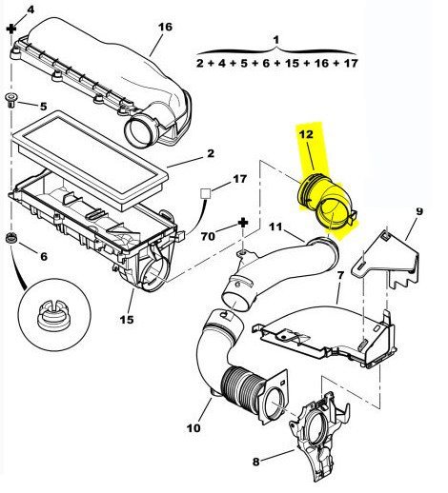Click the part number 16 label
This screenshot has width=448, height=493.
[x=165, y=27]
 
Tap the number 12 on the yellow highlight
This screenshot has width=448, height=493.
[x=306, y=134]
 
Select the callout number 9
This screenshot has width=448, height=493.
[x=419, y=211]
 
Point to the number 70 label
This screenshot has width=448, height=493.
[x=208, y=236]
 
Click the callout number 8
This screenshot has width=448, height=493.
[x=256, y=462]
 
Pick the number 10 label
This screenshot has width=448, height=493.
[x=193, y=428]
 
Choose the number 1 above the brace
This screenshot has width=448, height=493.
[x=276, y=40]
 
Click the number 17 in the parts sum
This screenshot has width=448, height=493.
[x=351, y=63]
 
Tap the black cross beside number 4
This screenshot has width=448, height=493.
[x=11, y=30]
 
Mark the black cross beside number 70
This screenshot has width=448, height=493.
[x=243, y=223]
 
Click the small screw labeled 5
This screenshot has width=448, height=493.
[x=10, y=100]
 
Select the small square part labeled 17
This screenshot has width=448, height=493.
[x=205, y=193]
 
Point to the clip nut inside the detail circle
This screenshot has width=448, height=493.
[x=53, y=315]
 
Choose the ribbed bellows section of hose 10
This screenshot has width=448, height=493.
[x=243, y=390]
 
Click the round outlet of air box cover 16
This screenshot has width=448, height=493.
[x=141, y=130]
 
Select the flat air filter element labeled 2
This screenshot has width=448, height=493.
[x=89, y=159]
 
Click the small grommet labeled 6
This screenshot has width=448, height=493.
[x=11, y=238]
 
